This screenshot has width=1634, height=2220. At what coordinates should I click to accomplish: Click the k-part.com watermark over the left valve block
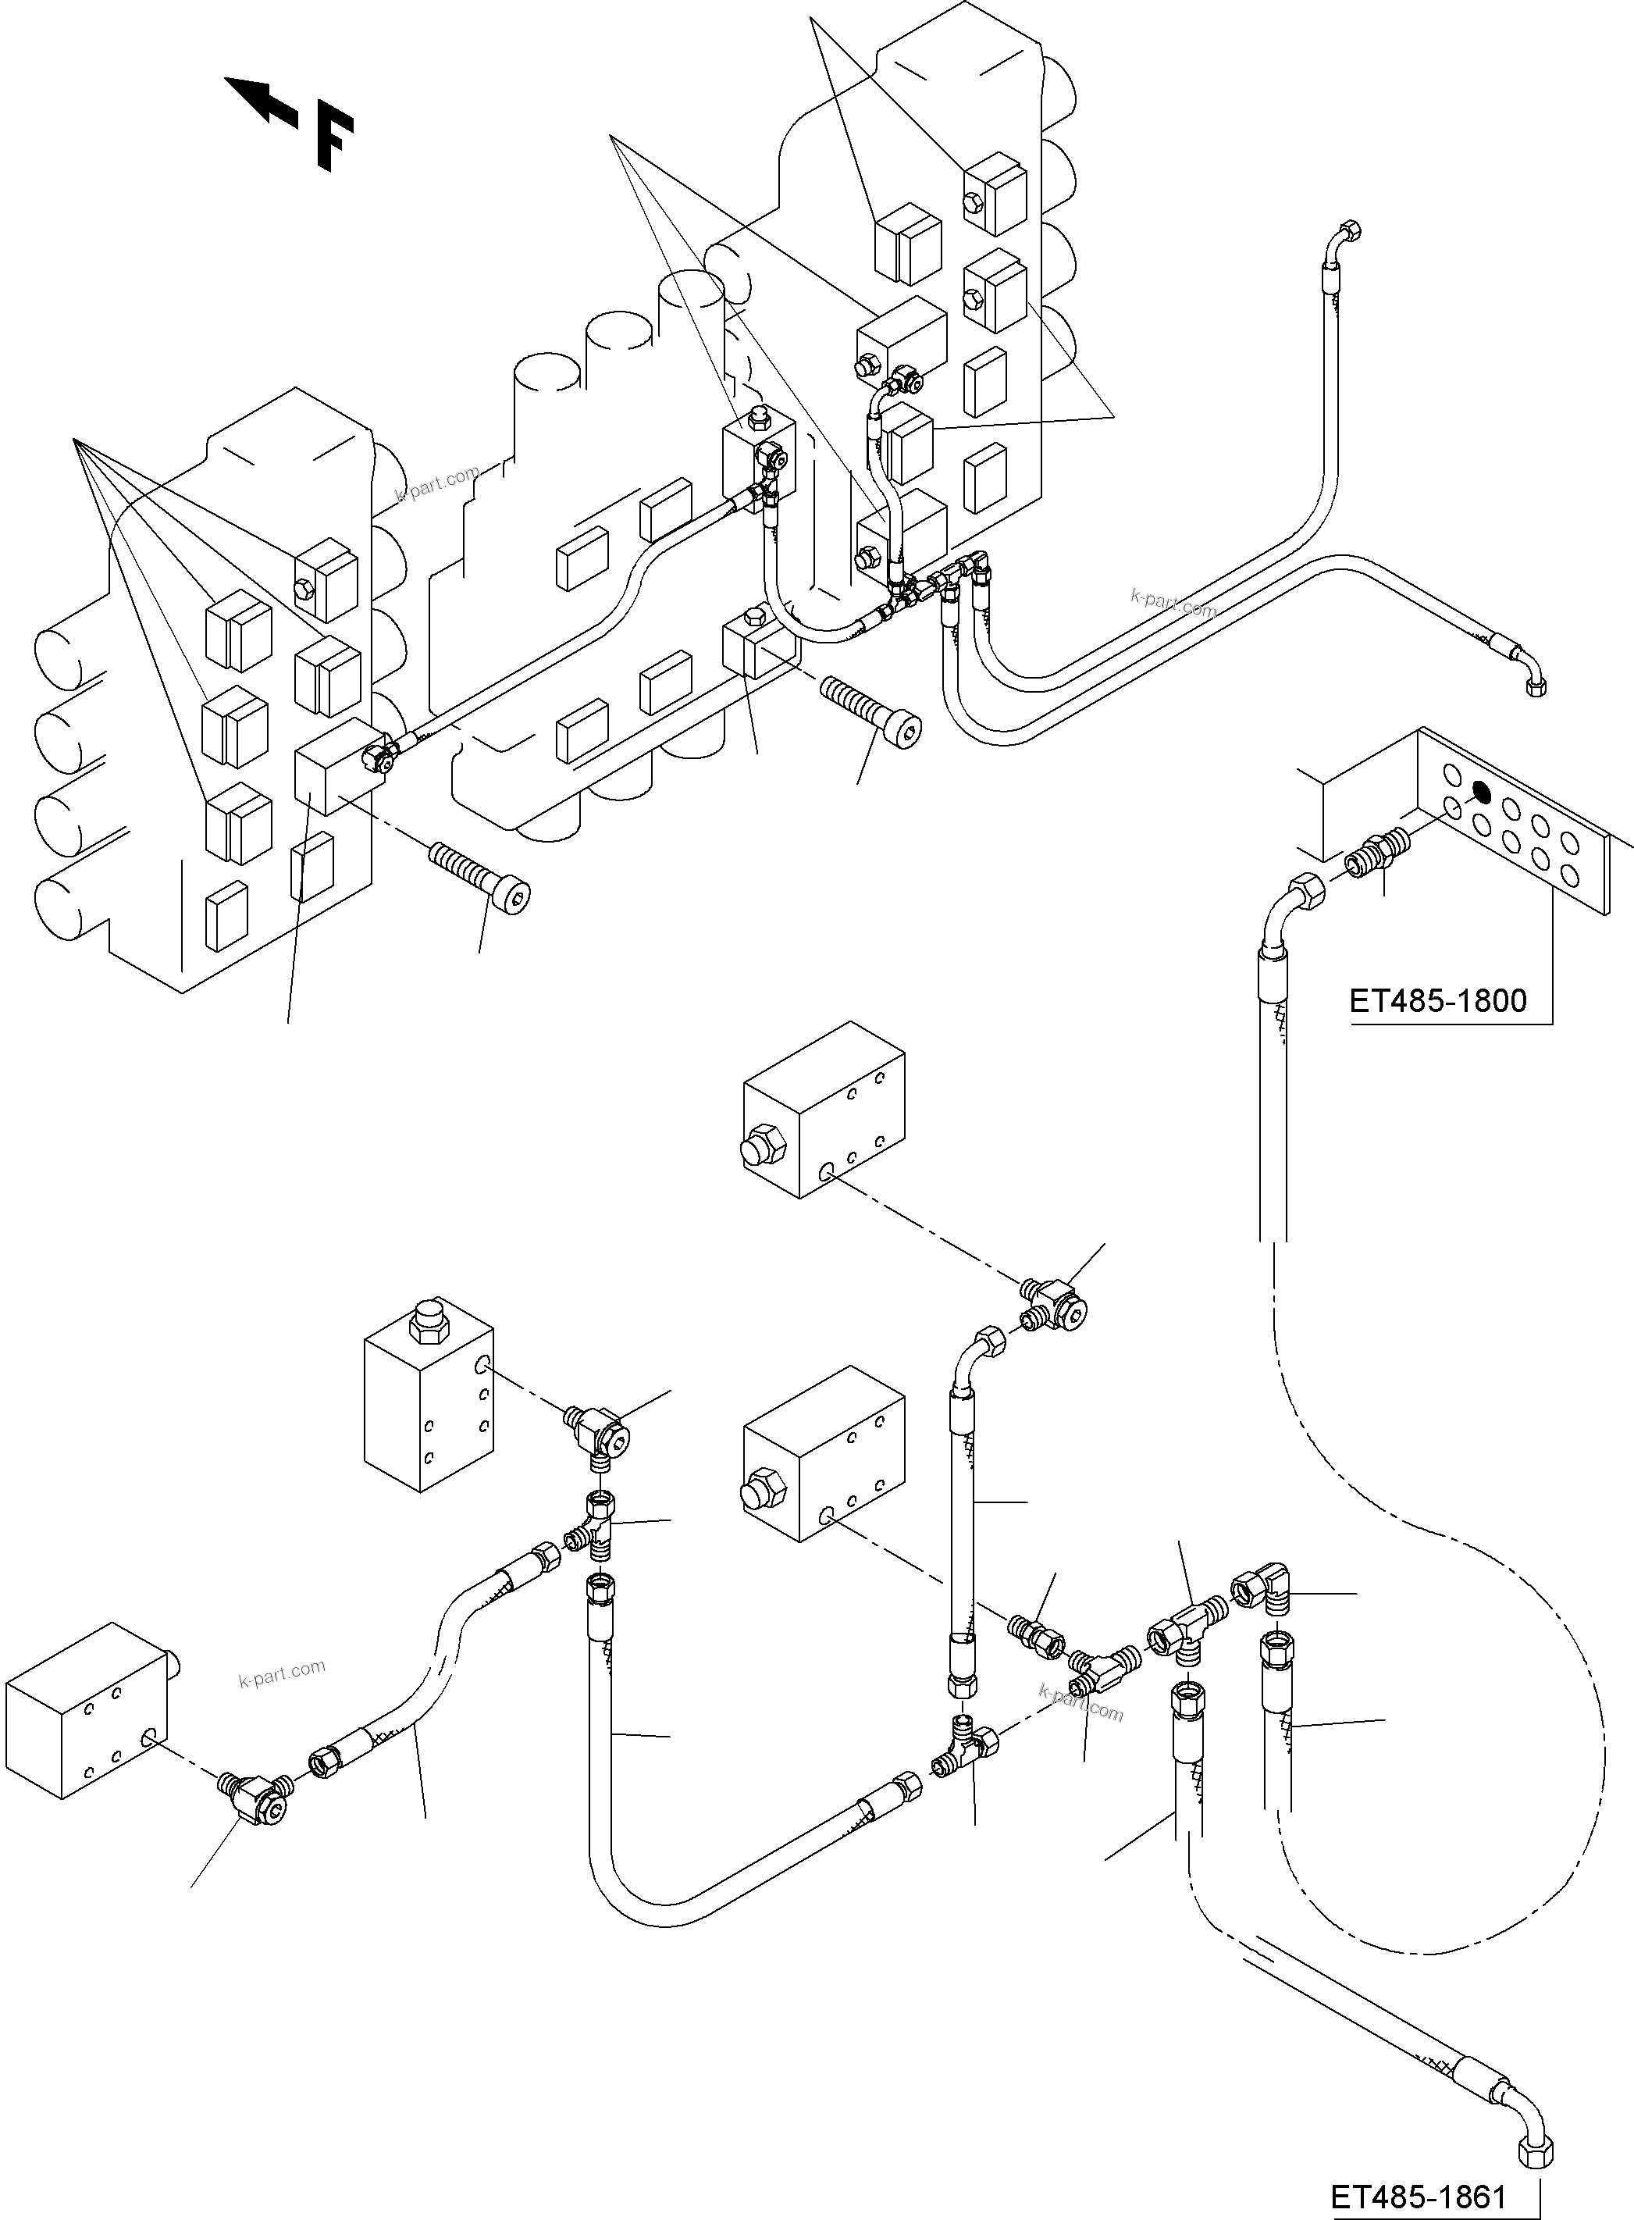[x=436, y=485]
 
